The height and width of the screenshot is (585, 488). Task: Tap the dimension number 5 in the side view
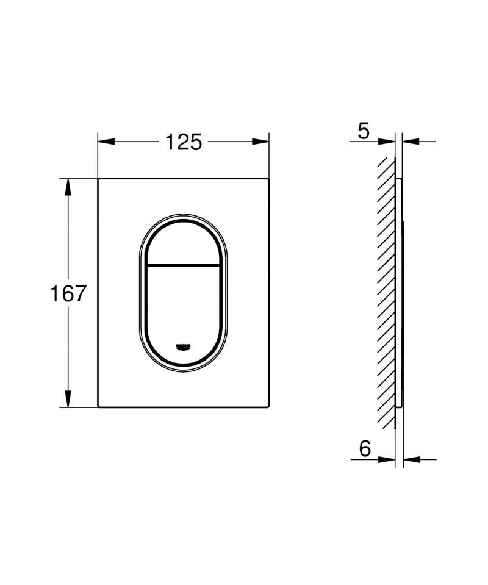[364, 131]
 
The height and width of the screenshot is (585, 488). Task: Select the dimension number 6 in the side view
[365, 449]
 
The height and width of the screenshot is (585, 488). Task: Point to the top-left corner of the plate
[99, 179]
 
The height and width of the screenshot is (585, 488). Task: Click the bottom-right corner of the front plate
[268, 406]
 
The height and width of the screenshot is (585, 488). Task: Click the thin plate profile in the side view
[400, 293]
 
